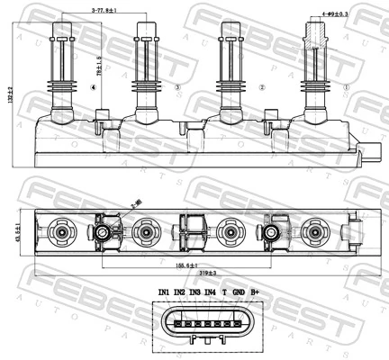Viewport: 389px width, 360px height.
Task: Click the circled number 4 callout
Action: pyautogui.click(x=94, y=87)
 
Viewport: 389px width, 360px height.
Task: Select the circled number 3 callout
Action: pyautogui.click(x=177, y=87)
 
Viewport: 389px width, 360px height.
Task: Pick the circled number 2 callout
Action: pyautogui.click(x=262, y=87)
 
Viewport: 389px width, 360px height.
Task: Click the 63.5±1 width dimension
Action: pyautogui.click(x=20, y=236)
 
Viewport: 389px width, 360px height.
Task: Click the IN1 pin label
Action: pyautogui.click(x=163, y=292)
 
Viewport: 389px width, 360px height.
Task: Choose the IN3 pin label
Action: pyautogui.click(x=194, y=292)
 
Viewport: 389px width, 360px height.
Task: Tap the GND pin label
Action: pyautogui.click(x=238, y=292)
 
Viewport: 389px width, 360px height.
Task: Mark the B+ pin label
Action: pyautogui.click(x=255, y=292)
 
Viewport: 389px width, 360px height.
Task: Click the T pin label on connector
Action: pyautogui.click(x=224, y=292)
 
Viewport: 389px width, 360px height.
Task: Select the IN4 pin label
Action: pyautogui.click(x=210, y=292)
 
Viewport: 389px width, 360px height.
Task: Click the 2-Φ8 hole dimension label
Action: pyautogui.click(x=136, y=206)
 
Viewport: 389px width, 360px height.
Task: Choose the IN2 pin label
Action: pyautogui.click(x=179, y=292)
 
